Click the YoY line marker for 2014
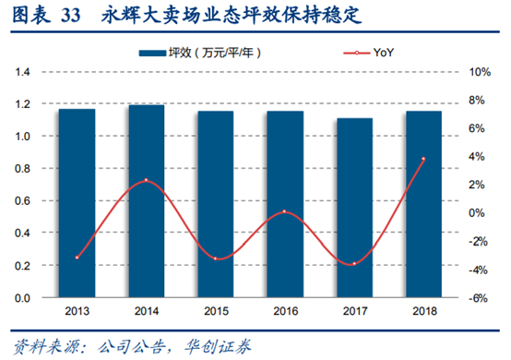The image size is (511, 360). click(147, 181)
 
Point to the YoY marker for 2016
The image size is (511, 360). click(284, 212)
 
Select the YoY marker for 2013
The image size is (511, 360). click(77, 258)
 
